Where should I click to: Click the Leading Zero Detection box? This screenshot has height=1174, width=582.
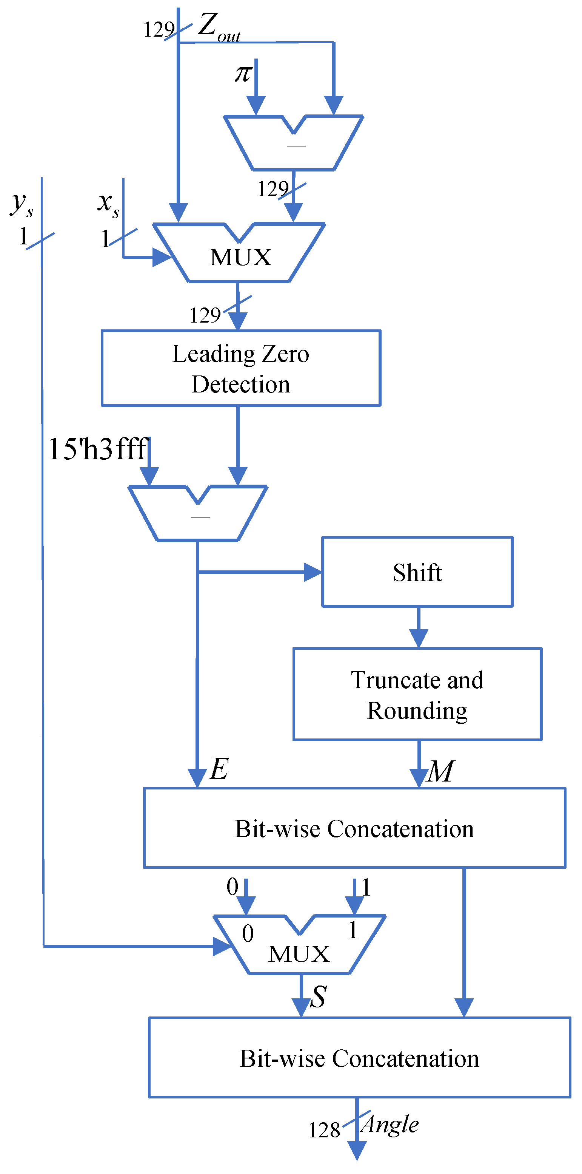point(240,368)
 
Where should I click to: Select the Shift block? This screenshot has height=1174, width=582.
point(417,572)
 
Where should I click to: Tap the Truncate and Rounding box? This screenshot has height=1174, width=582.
point(417,695)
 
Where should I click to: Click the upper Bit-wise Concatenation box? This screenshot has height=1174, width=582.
point(354,828)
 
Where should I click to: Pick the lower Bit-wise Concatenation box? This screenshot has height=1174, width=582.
point(359,1058)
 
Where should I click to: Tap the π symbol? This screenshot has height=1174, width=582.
point(244,73)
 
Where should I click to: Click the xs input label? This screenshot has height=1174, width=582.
point(108,203)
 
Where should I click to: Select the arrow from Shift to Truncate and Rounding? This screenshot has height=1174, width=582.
point(419,627)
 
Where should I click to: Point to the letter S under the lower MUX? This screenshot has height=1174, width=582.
point(318,997)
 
